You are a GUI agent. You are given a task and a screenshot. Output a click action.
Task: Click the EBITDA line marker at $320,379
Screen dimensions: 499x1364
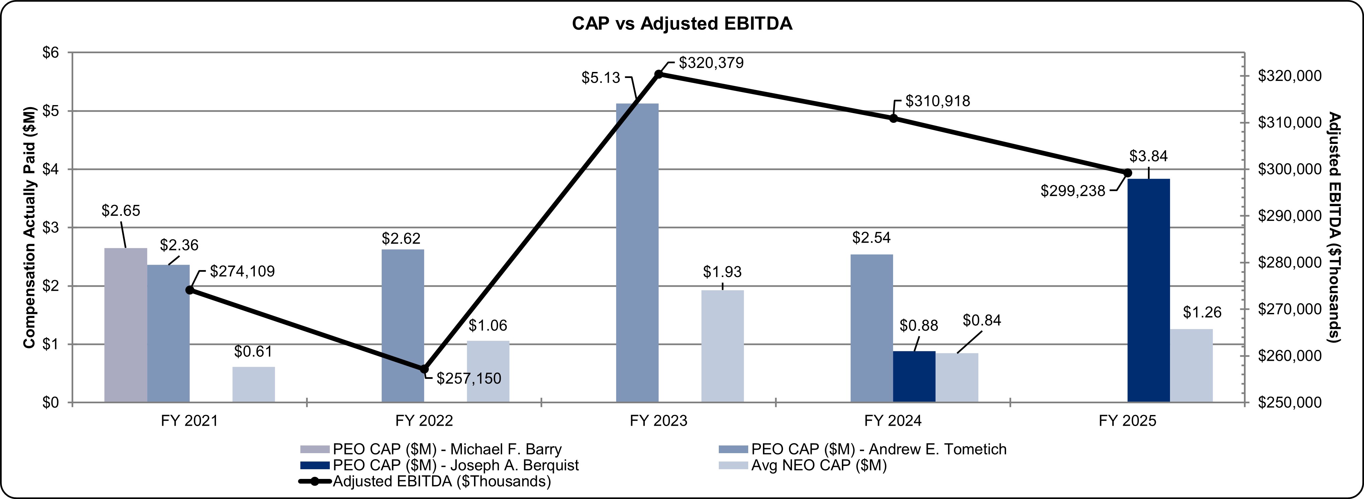point(659,74)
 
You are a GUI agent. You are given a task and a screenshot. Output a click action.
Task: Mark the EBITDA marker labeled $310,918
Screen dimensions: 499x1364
point(893,118)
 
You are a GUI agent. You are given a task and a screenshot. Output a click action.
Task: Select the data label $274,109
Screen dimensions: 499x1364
point(242,271)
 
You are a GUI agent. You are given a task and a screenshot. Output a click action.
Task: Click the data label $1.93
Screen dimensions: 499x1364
point(722,272)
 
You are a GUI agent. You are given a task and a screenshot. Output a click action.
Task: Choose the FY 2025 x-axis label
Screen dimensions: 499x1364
point(1127,421)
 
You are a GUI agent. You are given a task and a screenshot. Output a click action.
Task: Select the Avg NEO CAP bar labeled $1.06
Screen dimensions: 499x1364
point(488,371)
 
